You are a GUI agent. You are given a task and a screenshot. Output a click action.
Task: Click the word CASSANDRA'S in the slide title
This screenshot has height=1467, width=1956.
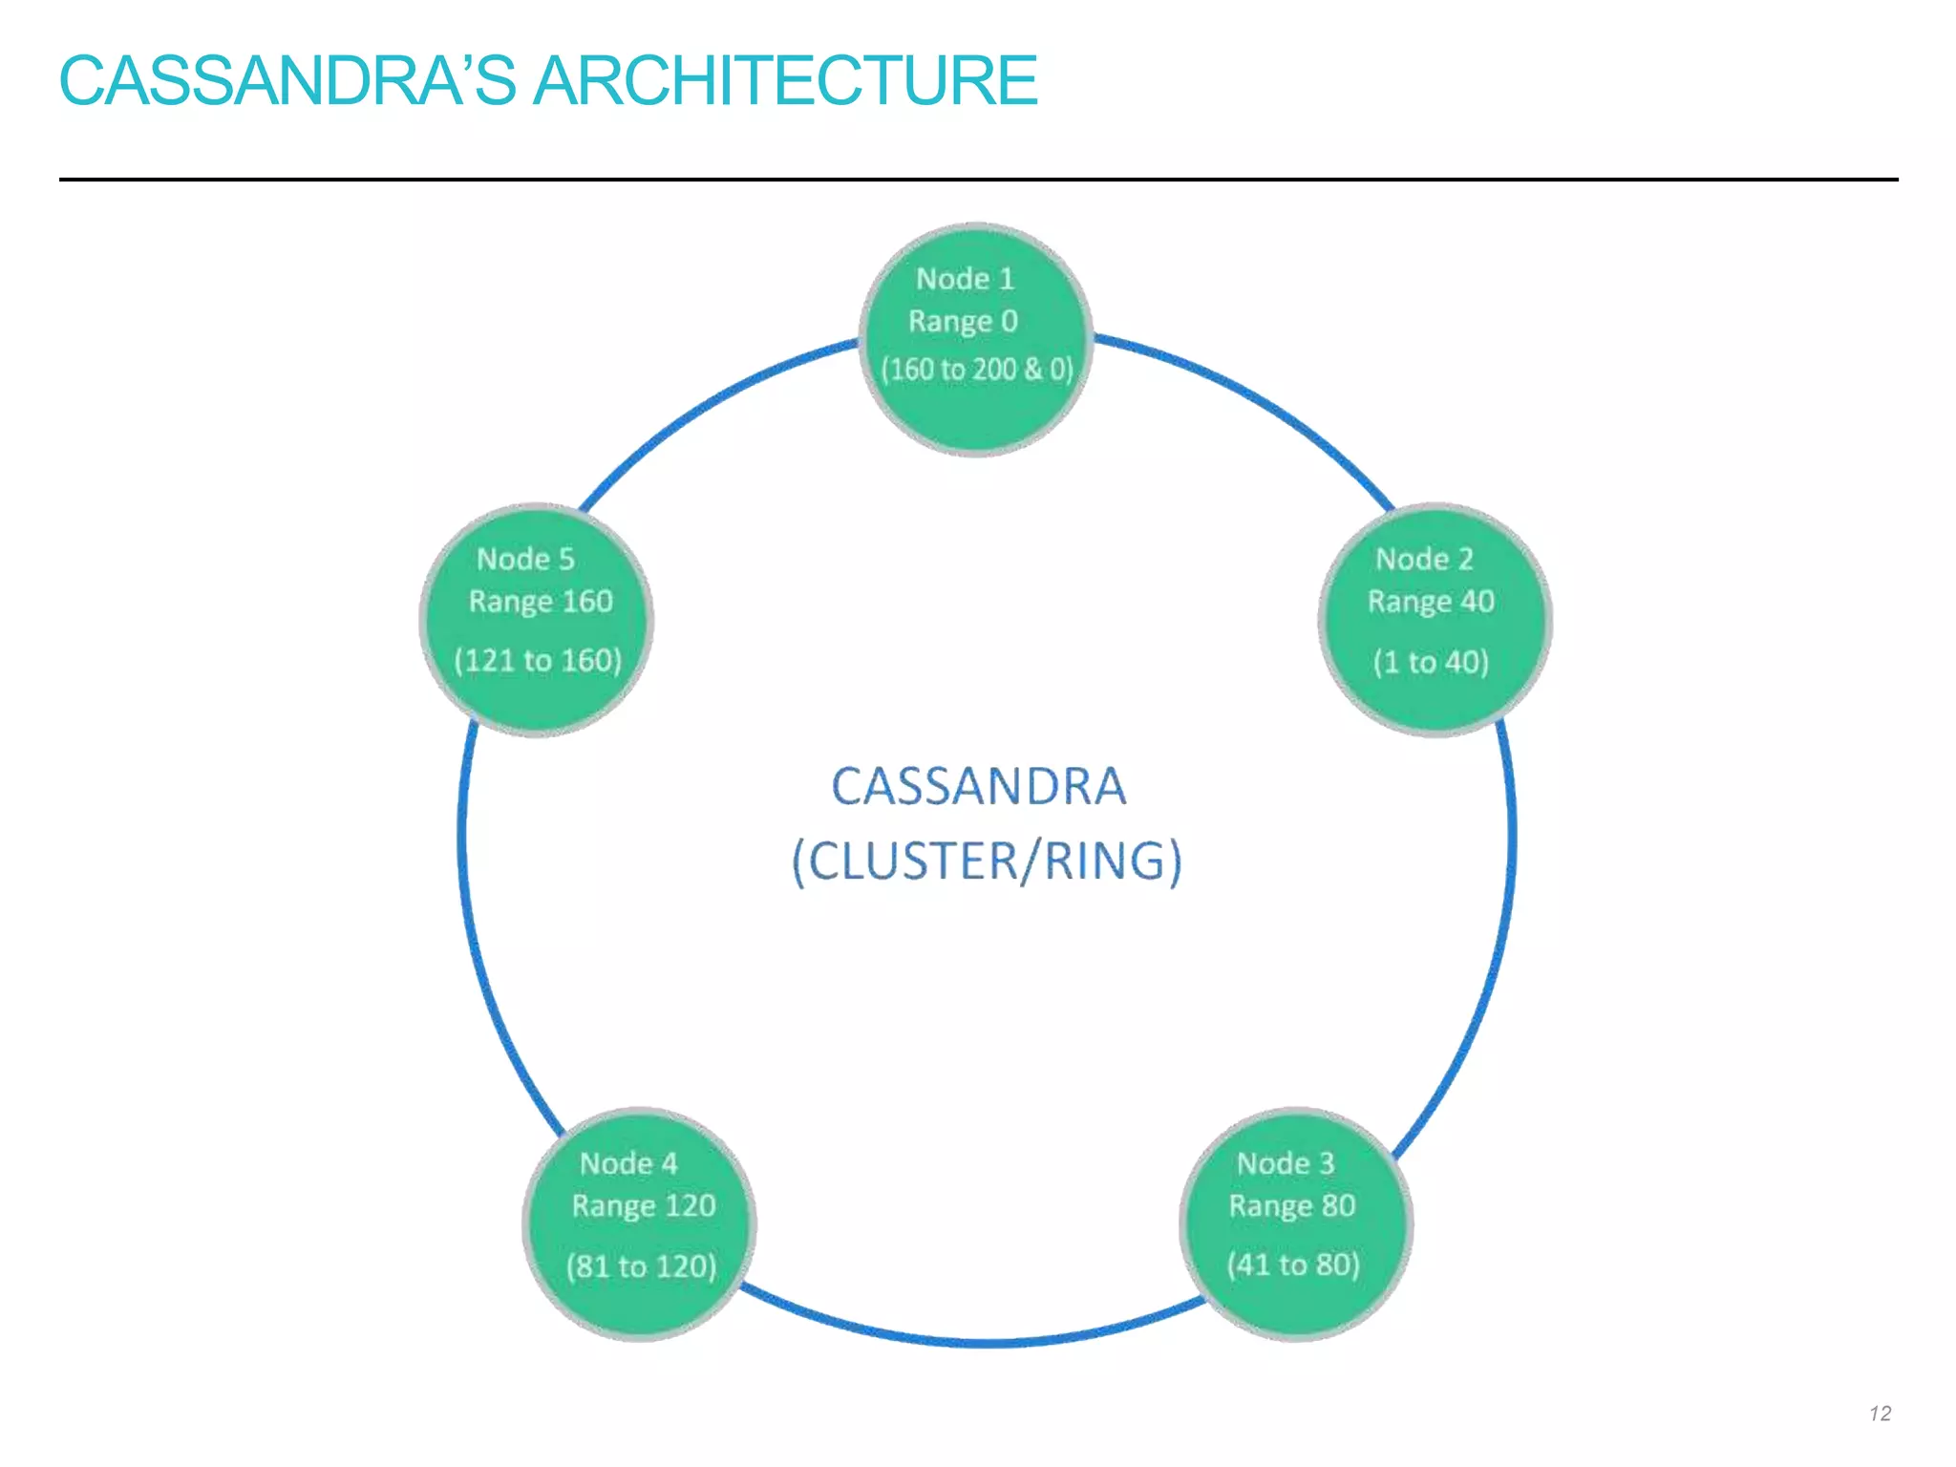(x=287, y=80)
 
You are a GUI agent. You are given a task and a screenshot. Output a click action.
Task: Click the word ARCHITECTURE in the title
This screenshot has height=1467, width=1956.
(x=785, y=80)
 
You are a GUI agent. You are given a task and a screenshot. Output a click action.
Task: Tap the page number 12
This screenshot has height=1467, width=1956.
(x=1880, y=1414)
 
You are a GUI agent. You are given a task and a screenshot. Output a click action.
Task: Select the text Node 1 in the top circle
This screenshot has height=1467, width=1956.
(x=965, y=279)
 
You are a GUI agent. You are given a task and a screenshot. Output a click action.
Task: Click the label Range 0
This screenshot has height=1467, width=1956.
(x=963, y=322)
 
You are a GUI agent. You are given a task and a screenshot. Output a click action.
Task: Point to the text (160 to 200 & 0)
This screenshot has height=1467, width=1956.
(x=976, y=370)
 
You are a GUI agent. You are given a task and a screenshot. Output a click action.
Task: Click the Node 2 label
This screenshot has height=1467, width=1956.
(x=1424, y=559)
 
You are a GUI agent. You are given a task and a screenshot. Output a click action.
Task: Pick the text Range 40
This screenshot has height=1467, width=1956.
(x=1430, y=602)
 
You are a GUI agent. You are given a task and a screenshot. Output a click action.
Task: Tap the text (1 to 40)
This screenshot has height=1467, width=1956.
(x=1430, y=662)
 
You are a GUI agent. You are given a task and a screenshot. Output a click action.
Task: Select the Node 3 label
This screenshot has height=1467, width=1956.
(x=1286, y=1163)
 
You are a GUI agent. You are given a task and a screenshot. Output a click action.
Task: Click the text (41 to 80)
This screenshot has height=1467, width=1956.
(x=1293, y=1265)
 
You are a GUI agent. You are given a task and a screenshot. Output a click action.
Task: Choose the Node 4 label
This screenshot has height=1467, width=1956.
(x=628, y=1163)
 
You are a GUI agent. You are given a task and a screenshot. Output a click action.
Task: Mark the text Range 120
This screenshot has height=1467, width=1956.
(x=644, y=1206)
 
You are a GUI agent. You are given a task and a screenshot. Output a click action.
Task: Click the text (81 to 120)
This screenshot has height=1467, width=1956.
(x=641, y=1266)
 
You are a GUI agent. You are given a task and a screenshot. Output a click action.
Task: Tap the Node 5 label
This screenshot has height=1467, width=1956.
(x=525, y=559)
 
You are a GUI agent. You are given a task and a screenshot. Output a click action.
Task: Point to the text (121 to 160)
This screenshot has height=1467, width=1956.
(x=538, y=660)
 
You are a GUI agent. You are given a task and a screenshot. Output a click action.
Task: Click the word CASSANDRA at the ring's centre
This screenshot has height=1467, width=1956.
(x=978, y=787)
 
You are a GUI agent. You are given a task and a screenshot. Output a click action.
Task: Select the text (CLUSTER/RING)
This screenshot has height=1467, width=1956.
(x=987, y=861)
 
